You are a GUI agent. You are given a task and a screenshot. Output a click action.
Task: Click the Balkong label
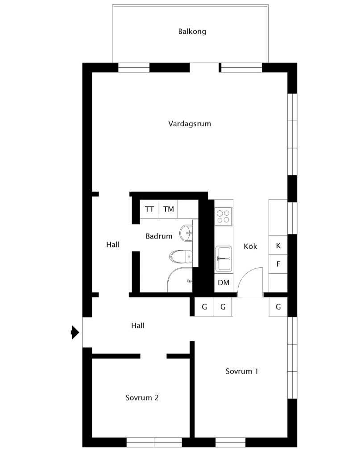[x=192, y=31]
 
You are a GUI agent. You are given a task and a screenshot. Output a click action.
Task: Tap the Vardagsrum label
[x=190, y=124]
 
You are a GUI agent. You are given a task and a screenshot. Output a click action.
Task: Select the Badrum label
[x=159, y=236]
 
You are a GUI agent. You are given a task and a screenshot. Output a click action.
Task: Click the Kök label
[x=250, y=246]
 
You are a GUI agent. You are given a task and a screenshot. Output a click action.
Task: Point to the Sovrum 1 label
[x=242, y=371]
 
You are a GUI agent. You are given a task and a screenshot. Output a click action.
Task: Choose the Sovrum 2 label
[x=142, y=398]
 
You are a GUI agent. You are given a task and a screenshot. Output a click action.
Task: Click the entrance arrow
[x=75, y=333]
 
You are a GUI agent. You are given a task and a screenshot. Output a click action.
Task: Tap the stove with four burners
[x=223, y=216]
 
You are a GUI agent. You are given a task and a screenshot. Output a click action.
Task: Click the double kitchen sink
[x=223, y=259]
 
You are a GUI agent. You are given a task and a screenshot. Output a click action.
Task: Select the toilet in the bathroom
[x=181, y=256]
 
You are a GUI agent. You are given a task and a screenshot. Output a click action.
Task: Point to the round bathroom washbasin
[x=186, y=233]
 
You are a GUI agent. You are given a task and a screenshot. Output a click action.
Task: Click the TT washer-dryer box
[x=149, y=209]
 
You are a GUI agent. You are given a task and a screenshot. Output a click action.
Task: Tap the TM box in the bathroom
[x=169, y=209]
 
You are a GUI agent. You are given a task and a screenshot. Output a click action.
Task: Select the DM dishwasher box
[x=223, y=283]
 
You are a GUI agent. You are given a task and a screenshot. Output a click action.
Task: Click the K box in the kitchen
[x=278, y=245]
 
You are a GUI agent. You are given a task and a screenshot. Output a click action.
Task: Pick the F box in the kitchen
[x=278, y=264]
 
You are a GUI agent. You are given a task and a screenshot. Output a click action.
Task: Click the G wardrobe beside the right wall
[x=278, y=307]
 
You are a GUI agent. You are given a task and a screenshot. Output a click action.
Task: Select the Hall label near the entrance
[x=138, y=325]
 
